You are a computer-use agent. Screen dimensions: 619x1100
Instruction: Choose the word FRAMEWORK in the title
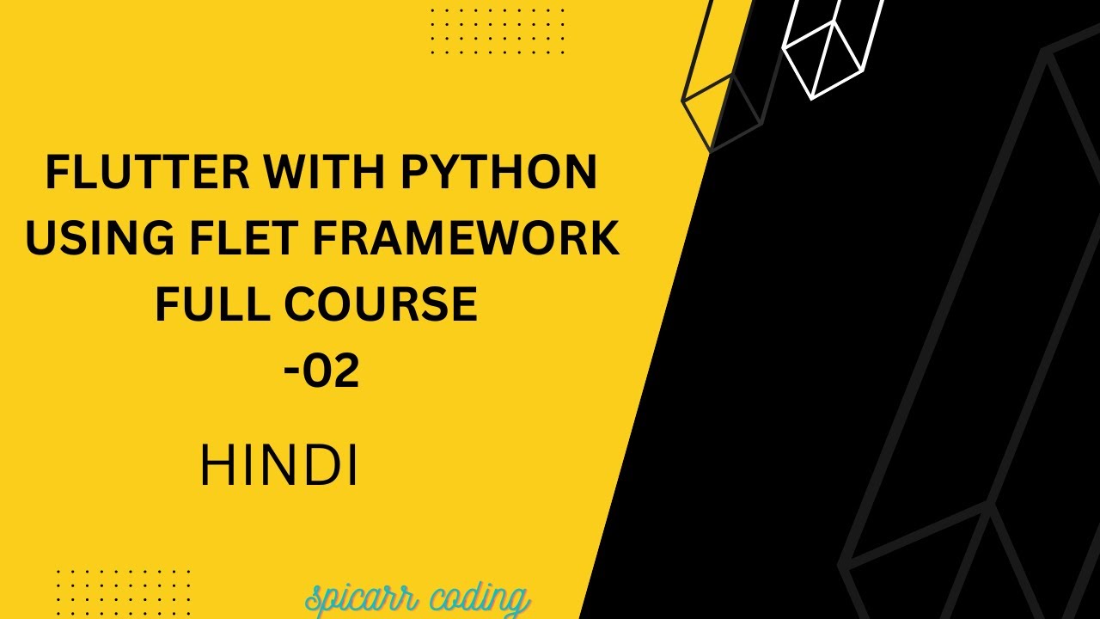[465, 238]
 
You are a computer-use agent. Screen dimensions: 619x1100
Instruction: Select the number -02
[321, 371]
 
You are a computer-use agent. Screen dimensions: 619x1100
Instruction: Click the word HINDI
[278, 468]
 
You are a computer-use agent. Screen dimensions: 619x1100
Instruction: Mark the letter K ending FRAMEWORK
[602, 238]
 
